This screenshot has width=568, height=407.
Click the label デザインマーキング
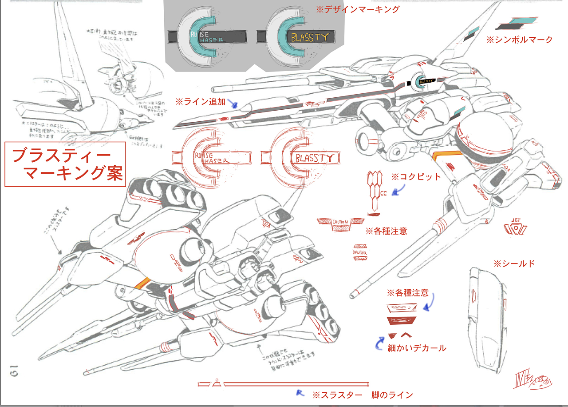click(x=357, y=9)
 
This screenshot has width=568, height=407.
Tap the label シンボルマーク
click(x=520, y=40)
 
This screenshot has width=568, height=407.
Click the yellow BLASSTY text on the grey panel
click(x=310, y=37)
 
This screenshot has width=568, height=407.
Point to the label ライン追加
click(x=201, y=101)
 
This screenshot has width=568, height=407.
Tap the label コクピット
click(x=416, y=177)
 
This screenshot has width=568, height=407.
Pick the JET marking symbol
click(x=516, y=227)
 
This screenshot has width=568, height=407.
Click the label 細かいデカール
click(x=417, y=348)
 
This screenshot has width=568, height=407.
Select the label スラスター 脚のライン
click(x=363, y=395)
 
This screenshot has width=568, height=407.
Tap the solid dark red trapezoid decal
click(x=402, y=321)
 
